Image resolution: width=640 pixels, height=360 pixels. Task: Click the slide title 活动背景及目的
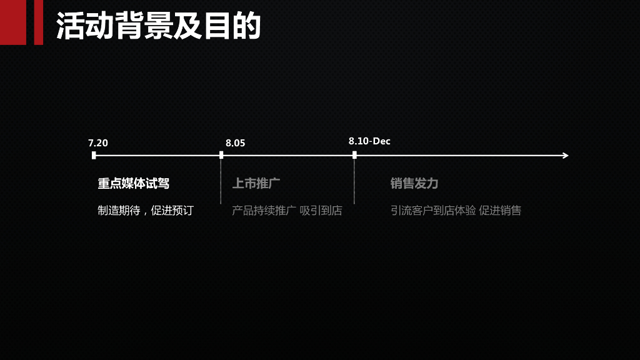(x=158, y=26)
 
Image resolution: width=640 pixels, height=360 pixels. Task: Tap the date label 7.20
(x=98, y=143)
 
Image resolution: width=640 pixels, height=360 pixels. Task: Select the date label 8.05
(x=236, y=143)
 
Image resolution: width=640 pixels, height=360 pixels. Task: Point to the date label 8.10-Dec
(x=369, y=141)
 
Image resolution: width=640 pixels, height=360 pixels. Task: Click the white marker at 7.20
(x=94, y=155)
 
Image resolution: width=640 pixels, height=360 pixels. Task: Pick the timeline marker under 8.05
(x=221, y=155)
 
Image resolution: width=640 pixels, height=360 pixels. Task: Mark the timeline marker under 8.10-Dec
(x=354, y=155)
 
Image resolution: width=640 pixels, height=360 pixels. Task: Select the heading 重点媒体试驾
(x=133, y=184)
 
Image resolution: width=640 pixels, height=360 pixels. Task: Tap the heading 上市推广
(x=256, y=184)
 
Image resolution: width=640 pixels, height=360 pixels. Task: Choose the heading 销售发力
(x=414, y=184)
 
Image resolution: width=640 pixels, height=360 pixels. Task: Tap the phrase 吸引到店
(x=321, y=211)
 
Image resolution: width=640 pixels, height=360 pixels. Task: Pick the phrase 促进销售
(x=500, y=211)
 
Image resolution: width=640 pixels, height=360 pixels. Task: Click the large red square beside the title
(x=12, y=22)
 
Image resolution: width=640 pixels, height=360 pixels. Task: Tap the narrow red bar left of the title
(x=38, y=22)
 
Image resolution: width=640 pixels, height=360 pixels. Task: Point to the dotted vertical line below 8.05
(x=221, y=184)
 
